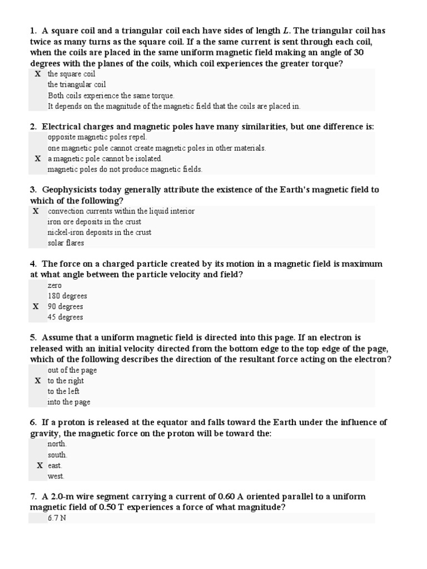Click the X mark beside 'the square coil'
[38, 74]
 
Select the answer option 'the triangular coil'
[76, 84]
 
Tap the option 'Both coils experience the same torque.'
[111, 96]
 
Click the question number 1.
[33, 31]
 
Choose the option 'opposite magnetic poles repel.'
[97, 137]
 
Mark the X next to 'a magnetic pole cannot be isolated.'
[38, 158]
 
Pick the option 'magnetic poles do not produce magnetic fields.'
[125, 169]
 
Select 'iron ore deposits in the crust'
[95, 222]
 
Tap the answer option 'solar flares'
[66, 243]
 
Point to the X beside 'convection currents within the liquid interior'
[36, 211]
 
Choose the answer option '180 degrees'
[67, 296]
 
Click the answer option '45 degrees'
[66, 317]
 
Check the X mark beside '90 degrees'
[36, 306]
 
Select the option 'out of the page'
[72, 370]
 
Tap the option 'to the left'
[64, 391]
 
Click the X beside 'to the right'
[38, 381]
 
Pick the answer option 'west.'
[56, 476]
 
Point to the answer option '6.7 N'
[57, 518]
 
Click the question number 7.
[33, 496]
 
